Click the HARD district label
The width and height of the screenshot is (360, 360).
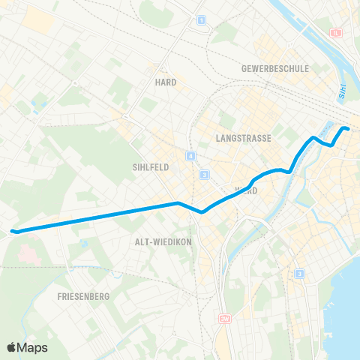point(165,82)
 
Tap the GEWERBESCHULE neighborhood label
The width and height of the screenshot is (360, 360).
point(275,68)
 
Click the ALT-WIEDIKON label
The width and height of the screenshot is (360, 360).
point(157,241)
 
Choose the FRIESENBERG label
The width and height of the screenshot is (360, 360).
point(83,297)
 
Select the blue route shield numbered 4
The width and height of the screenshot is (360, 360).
point(191,156)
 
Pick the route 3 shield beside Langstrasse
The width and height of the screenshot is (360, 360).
point(204,174)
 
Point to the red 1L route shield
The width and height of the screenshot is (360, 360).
point(337,33)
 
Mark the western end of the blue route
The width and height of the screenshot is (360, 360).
point(13,231)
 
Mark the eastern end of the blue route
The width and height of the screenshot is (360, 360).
point(348,130)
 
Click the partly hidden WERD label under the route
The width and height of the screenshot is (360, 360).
point(247,191)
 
